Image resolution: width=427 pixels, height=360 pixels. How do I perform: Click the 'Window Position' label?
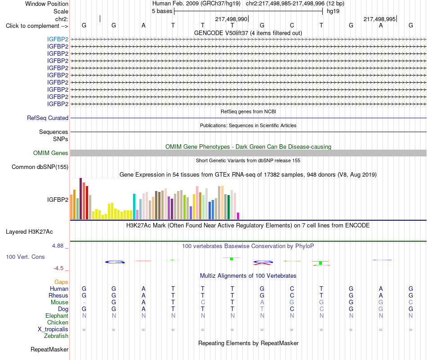click(x=47, y=4)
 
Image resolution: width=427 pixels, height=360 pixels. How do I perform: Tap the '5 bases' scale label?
click(x=162, y=11)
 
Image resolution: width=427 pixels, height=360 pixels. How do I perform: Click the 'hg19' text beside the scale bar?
click(x=333, y=11)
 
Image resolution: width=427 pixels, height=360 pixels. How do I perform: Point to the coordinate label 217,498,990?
click(x=231, y=19)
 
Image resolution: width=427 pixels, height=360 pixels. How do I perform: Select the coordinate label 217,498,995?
click(x=380, y=19)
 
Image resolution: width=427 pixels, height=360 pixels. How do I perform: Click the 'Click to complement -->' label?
click(x=37, y=26)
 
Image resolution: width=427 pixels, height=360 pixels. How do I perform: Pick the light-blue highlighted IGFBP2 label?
click(x=58, y=39)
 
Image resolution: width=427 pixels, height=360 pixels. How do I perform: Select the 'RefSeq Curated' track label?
click(x=48, y=118)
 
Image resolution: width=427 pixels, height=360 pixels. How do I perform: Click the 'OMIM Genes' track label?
click(x=51, y=153)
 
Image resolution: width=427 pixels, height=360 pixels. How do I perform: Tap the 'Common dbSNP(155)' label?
click(x=40, y=167)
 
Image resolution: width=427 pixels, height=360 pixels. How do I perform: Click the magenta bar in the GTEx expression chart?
click(x=238, y=216)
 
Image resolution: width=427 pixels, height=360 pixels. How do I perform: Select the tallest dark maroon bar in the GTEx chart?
click(x=80, y=199)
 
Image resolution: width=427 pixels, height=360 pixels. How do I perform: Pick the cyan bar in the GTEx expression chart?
click(x=134, y=206)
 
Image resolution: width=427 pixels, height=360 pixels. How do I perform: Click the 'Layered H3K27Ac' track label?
click(x=29, y=232)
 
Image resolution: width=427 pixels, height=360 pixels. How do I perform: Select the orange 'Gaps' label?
click(x=61, y=282)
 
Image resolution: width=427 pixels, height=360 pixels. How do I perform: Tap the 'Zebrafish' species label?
click(x=56, y=336)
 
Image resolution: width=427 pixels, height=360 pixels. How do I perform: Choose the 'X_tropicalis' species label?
click(x=53, y=329)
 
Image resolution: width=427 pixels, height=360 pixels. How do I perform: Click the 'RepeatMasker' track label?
click(x=49, y=349)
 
